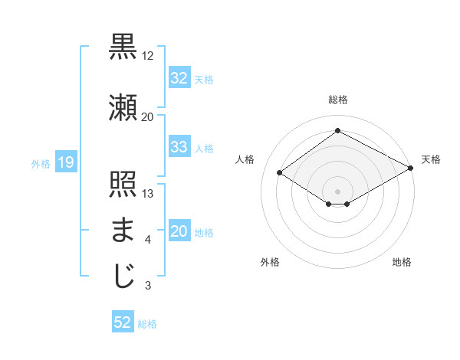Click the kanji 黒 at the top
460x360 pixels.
(123, 47)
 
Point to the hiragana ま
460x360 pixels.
(123, 230)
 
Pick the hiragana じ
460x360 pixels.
(123, 276)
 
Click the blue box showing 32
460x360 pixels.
(179, 78)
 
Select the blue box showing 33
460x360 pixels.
(179, 147)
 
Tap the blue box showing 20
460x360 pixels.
(179, 232)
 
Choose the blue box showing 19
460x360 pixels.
(65, 162)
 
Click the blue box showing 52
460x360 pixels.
(123, 322)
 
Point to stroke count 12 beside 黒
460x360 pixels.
(148, 56)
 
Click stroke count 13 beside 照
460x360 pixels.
(148, 194)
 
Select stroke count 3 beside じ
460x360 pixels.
(148, 286)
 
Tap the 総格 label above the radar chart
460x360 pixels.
(337, 100)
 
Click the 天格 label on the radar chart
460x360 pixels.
(431, 159)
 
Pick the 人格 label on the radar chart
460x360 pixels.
(245, 159)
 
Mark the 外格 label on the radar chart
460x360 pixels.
(270, 262)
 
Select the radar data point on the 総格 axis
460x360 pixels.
(337, 131)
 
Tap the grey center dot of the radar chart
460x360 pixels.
(337, 190)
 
